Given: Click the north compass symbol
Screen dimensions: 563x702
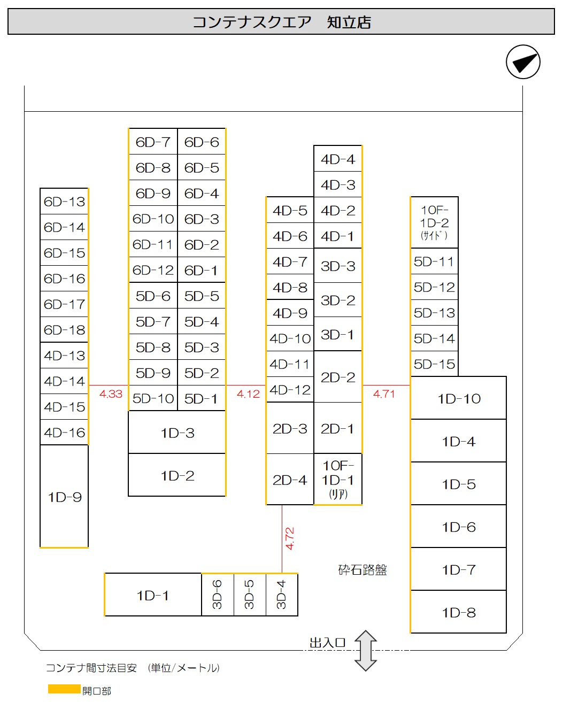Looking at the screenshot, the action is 523,61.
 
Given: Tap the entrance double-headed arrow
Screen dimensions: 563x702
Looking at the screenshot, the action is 365,651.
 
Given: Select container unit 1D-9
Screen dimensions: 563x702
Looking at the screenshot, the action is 64,496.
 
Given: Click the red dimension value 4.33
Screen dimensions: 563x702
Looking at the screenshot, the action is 111,394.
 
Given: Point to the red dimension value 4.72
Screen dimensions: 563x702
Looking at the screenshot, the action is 289,538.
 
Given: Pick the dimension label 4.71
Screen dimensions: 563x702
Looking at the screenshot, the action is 384,394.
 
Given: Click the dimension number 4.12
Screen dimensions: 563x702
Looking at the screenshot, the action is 248,394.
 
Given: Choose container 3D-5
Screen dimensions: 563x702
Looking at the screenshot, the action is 250,595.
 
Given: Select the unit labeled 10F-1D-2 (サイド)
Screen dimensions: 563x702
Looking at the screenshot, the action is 434,222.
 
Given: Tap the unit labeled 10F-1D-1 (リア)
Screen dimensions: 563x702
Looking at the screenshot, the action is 338,479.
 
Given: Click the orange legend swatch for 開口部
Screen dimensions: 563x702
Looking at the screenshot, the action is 64,689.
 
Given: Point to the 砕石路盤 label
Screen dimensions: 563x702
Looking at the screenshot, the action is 363,569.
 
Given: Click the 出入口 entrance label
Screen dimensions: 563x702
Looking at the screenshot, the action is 327,643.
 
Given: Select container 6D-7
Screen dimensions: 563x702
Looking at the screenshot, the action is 153,142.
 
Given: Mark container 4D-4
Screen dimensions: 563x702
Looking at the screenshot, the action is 338,159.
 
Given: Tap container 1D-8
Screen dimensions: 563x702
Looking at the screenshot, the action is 458,612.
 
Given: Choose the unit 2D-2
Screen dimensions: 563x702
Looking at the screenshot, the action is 338,377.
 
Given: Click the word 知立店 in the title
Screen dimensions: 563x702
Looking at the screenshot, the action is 349,22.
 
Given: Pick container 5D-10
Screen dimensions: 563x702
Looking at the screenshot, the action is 153,398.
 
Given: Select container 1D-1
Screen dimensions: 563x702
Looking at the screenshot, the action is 153,595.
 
